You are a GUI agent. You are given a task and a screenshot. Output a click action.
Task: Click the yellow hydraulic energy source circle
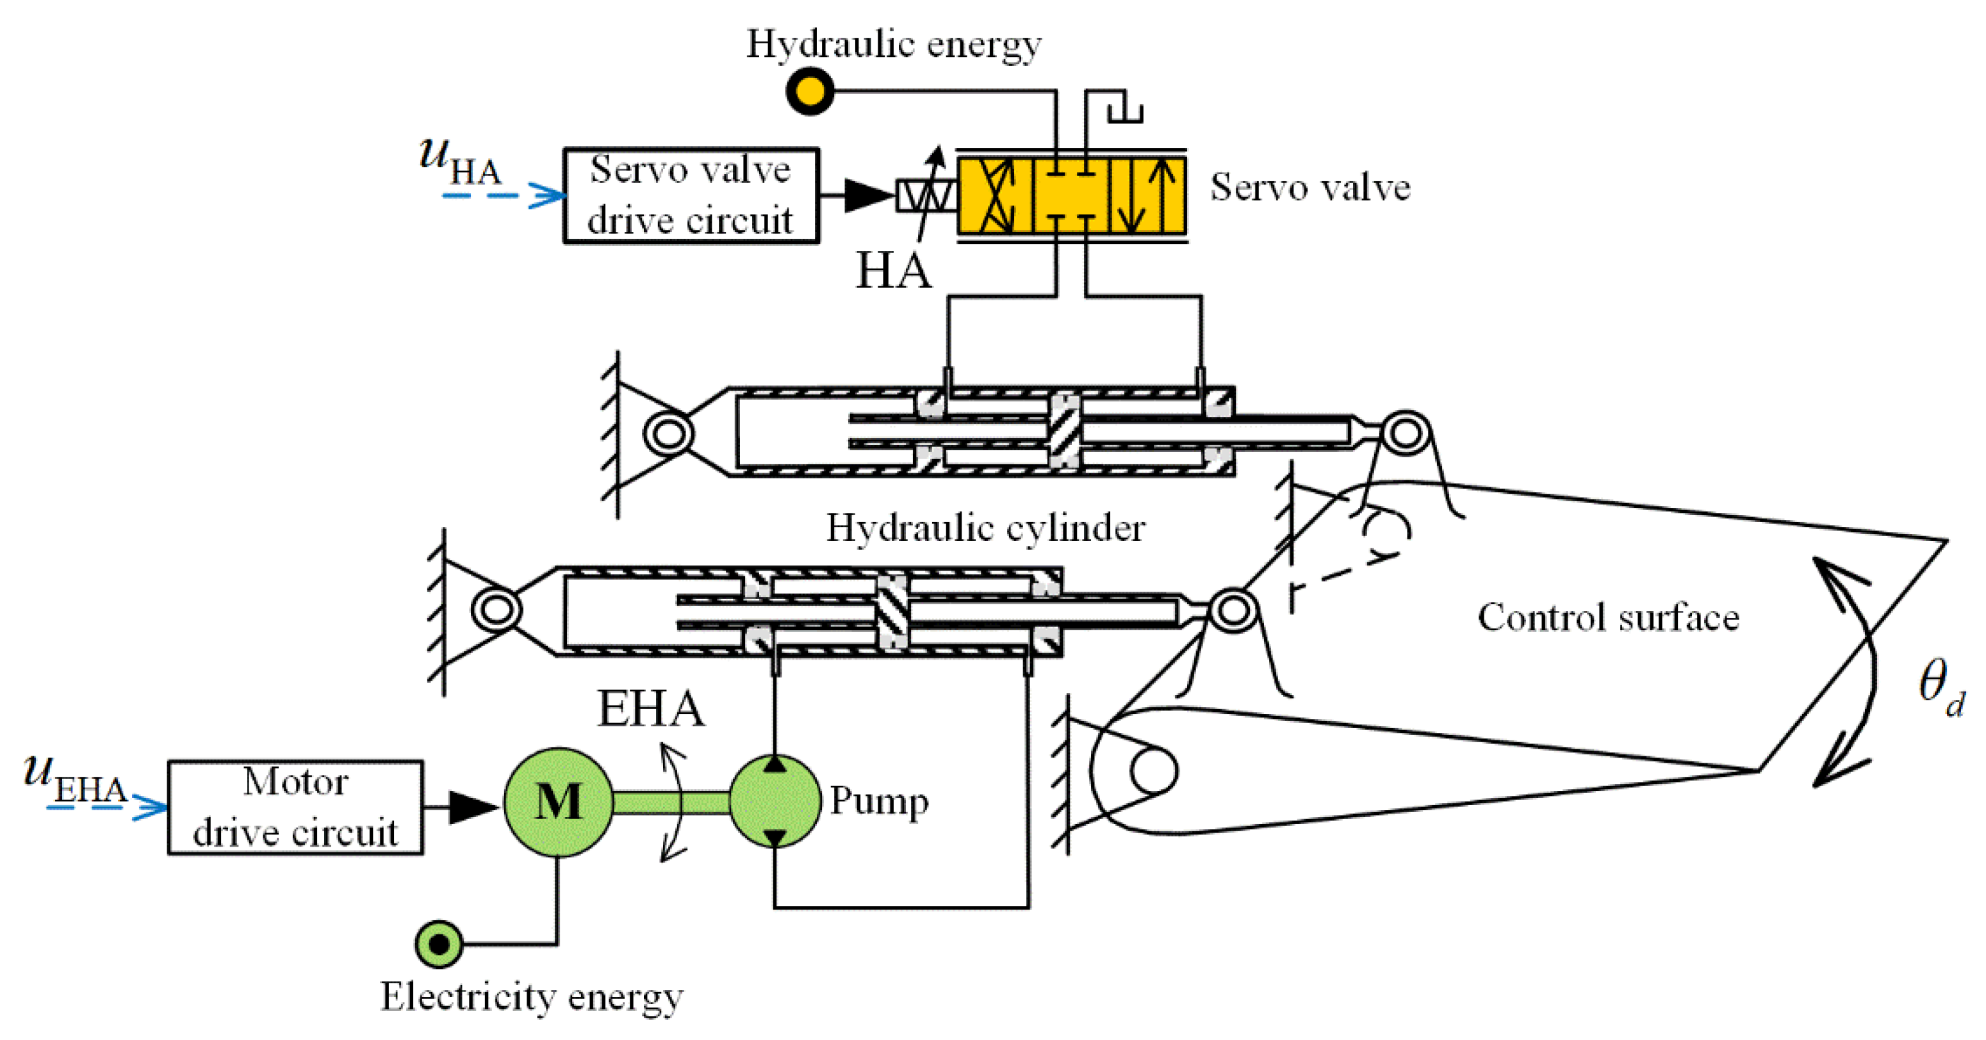(x=810, y=91)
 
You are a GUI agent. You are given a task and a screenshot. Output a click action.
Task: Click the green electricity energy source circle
(x=439, y=944)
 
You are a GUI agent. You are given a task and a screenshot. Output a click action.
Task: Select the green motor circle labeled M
(x=559, y=802)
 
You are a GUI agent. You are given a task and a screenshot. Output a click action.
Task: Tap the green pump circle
(x=775, y=802)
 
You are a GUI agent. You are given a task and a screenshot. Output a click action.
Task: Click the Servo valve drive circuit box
(x=691, y=195)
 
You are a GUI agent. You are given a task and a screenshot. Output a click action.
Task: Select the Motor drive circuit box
(x=295, y=807)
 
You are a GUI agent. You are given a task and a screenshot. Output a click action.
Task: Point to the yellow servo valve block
(x=1072, y=196)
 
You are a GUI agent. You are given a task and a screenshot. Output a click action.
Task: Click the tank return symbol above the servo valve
(x=1125, y=110)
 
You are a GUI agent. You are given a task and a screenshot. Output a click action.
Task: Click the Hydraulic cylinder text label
(x=985, y=529)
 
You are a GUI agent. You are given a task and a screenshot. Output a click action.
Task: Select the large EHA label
(x=651, y=710)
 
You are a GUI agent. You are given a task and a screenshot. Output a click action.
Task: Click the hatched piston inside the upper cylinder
(x=1065, y=432)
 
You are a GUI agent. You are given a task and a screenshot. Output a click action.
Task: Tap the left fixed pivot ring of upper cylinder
(x=668, y=434)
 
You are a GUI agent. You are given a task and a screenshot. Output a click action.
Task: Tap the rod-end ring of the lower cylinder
(x=1233, y=610)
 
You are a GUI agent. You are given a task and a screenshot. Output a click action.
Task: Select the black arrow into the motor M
(x=470, y=807)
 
